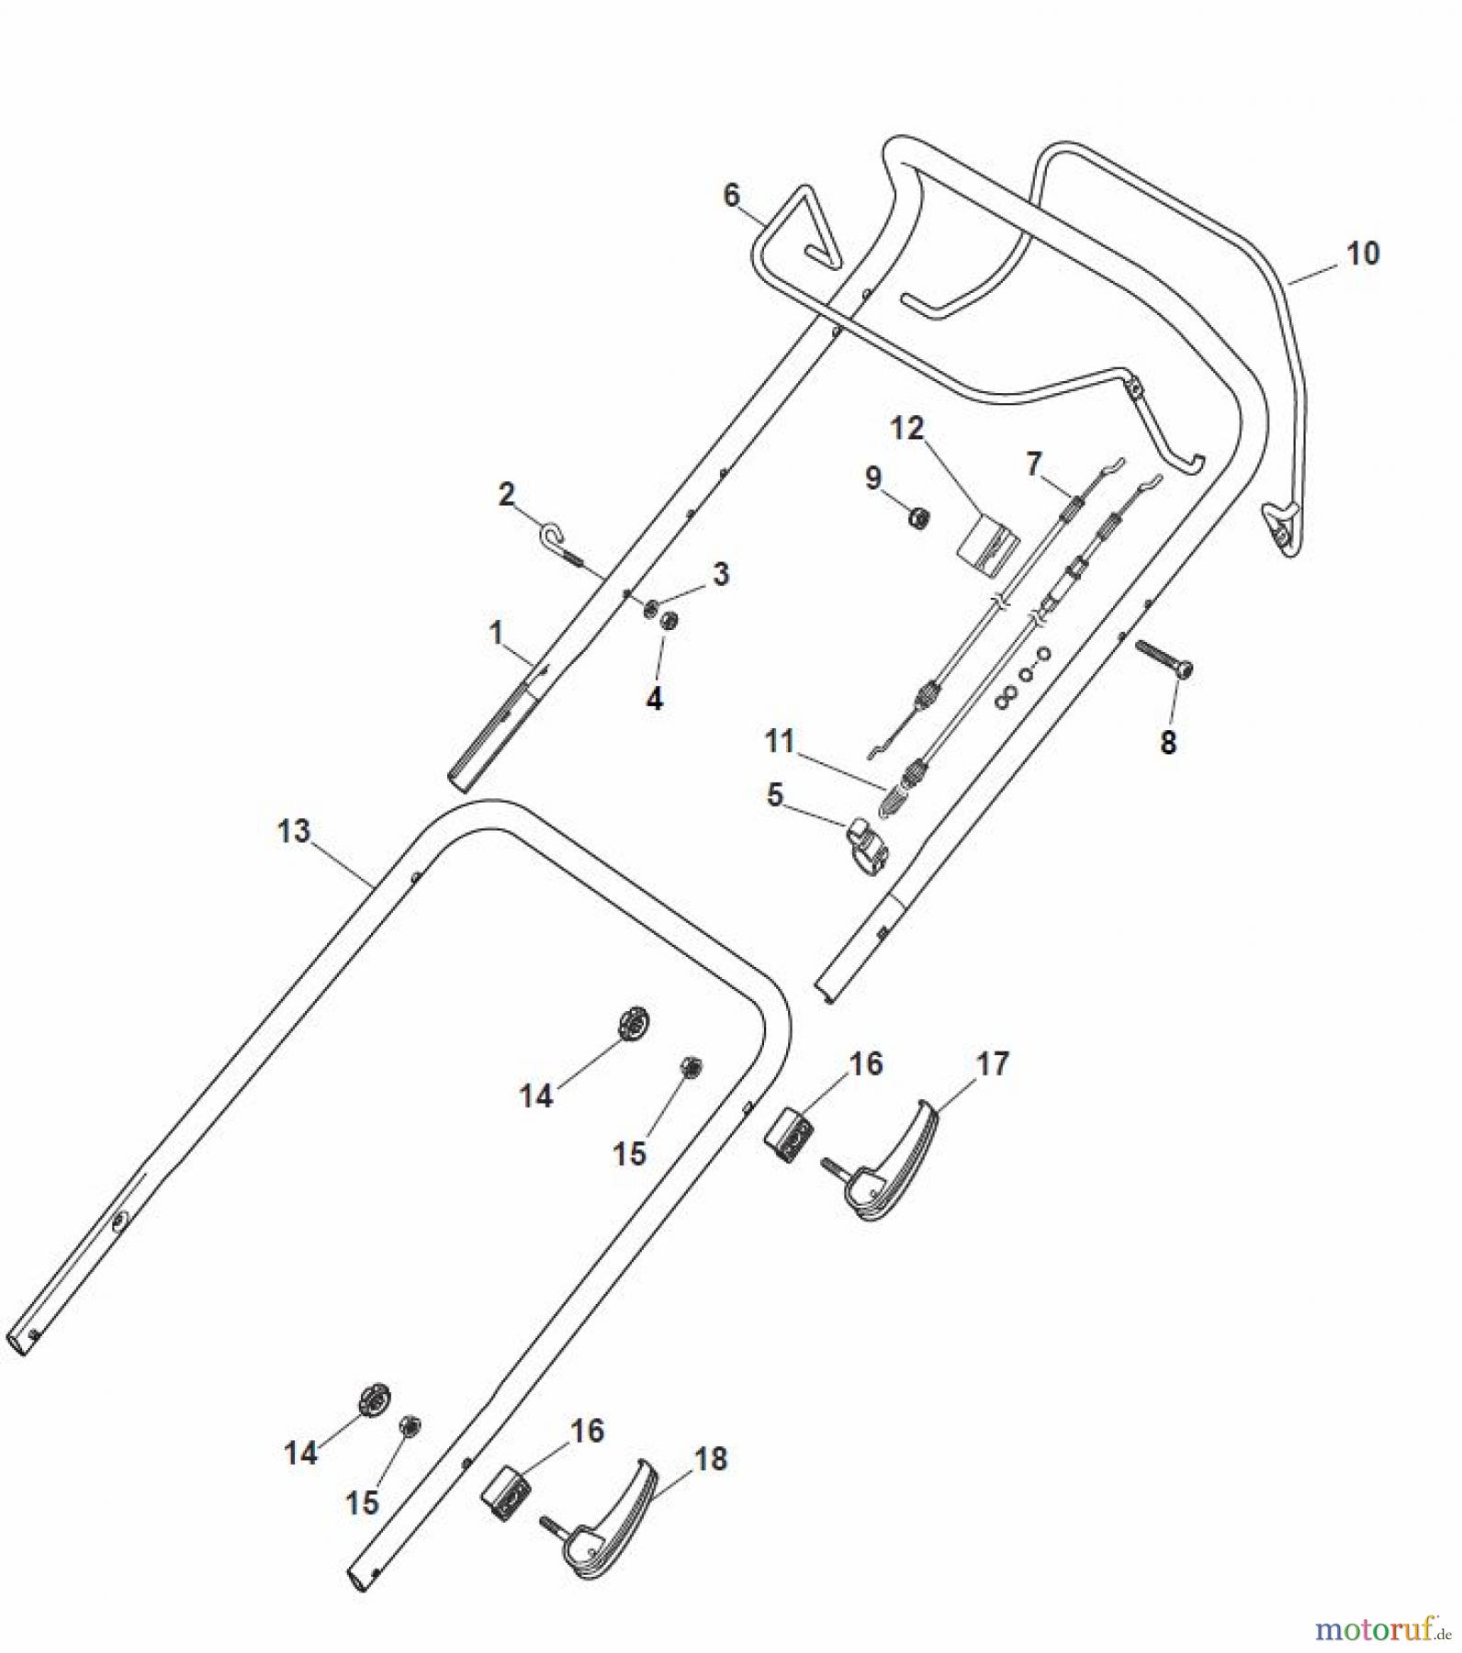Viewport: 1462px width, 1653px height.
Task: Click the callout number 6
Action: pos(731,195)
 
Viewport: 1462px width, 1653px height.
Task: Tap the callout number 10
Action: pos(1363,253)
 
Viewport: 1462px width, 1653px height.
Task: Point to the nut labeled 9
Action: pos(917,519)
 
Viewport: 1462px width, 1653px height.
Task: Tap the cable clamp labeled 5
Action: pos(868,845)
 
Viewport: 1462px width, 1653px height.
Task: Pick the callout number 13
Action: pos(294,831)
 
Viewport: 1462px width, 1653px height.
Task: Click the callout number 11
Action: pos(779,741)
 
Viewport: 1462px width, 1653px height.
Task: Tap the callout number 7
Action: pos(1033,465)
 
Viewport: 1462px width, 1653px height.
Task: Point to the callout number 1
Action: pos(497,633)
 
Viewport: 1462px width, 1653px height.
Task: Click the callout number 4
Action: pos(654,700)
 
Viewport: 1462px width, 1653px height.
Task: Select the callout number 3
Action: pos(721,574)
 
